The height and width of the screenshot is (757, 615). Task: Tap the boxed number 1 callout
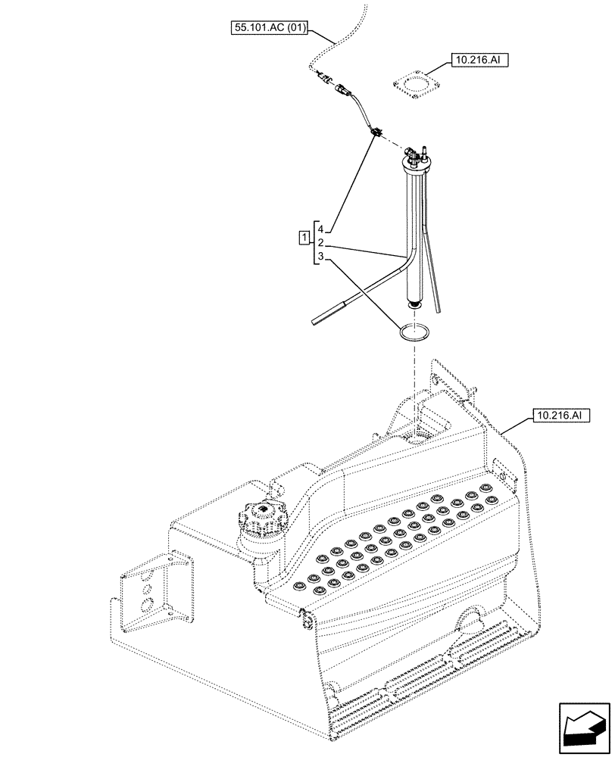[304, 241]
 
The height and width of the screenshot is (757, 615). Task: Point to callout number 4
[321, 229]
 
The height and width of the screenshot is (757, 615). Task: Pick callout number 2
[321, 243]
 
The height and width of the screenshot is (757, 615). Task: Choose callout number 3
[321, 257]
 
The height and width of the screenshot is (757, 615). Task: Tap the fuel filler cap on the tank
[262, 521]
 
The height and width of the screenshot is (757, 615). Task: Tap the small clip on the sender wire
[376, 133]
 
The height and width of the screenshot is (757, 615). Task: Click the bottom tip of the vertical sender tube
[414, 305]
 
